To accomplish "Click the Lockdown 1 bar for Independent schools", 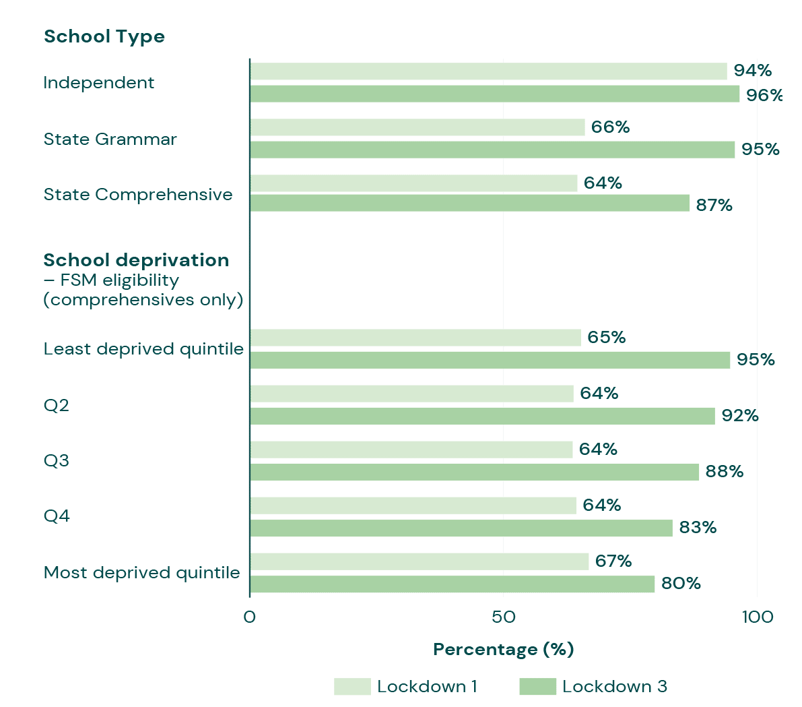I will point(488,71).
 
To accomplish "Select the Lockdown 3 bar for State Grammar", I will point(492,150).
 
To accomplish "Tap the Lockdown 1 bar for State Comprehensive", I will point(413,183).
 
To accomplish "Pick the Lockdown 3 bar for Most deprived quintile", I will point(452,584).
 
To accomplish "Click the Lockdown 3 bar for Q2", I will point(482,416).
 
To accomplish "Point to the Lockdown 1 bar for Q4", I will point(413,505).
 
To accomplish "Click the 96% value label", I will point(764,95).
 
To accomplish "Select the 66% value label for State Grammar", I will point(610,127).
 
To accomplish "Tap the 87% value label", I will point(714,206).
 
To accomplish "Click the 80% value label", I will point(681,584).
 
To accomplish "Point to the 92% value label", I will point(740,416).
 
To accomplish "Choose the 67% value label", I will point(613,561).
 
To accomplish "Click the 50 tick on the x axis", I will point(503,617).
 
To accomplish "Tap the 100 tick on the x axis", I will point(757,617).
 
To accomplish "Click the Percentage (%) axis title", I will point(503,650).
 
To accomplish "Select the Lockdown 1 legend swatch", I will point(352,687).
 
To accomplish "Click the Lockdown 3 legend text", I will point(615,687).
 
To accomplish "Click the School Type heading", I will point(104,36).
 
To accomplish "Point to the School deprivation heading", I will point(136,260).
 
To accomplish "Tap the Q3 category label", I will point(57,461).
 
